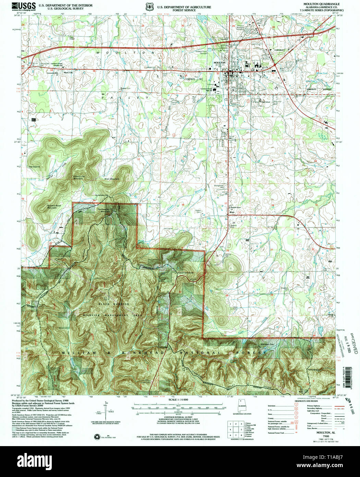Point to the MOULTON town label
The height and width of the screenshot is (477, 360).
219,63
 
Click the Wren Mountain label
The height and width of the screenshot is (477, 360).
112,179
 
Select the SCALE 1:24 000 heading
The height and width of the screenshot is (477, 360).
178,400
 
